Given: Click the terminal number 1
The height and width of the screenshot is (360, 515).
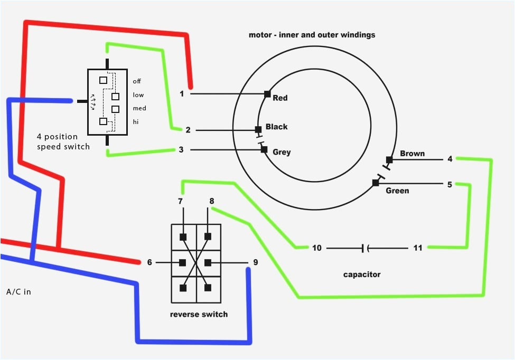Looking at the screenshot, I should tap(182, 94).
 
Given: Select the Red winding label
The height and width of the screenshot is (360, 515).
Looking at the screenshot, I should tap(280, 98).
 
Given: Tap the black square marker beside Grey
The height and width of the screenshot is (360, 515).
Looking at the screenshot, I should tap(264, 149).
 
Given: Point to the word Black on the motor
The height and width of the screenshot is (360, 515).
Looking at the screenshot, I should tap(276, 127).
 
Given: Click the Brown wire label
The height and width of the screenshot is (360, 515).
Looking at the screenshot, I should tap(412, 154).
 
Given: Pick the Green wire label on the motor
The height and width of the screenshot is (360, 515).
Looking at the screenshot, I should tap(397, 191).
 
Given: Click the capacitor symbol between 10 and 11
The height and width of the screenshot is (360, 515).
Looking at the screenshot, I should tap(365, 248).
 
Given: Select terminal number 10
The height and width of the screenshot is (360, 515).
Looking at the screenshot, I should tap(316, 248).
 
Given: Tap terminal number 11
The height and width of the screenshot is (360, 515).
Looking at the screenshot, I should tap(417, 248).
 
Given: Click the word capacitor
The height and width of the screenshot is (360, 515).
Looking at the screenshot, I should tap(362, 274).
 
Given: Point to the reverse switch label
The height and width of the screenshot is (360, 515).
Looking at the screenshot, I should tap(199, 315).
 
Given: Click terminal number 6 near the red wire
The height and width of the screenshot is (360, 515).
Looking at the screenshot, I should tap(149, 262).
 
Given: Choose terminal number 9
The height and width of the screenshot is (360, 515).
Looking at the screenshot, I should tap(256, 262).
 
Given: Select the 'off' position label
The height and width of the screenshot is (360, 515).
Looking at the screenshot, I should tap(137, 81).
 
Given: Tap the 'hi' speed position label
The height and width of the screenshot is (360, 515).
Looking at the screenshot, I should tap(136, 122).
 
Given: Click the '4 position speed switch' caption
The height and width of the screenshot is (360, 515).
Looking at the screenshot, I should tap(63, 142).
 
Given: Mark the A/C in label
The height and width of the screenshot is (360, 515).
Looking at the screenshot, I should tap(18, 291).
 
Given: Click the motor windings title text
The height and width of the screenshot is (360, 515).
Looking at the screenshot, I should tap(312, 35).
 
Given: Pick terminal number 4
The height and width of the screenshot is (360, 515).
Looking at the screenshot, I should tap(450, 159).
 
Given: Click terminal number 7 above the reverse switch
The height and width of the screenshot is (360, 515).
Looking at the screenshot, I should tap(180, 201).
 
